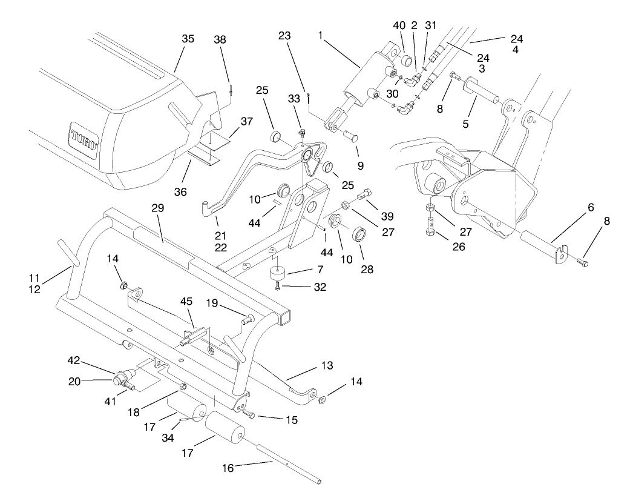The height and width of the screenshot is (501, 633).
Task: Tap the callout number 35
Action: pyautogui.click(x=188, y=38)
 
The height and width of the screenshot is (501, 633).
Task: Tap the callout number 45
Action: pyautogui.click(x=186, y=300)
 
